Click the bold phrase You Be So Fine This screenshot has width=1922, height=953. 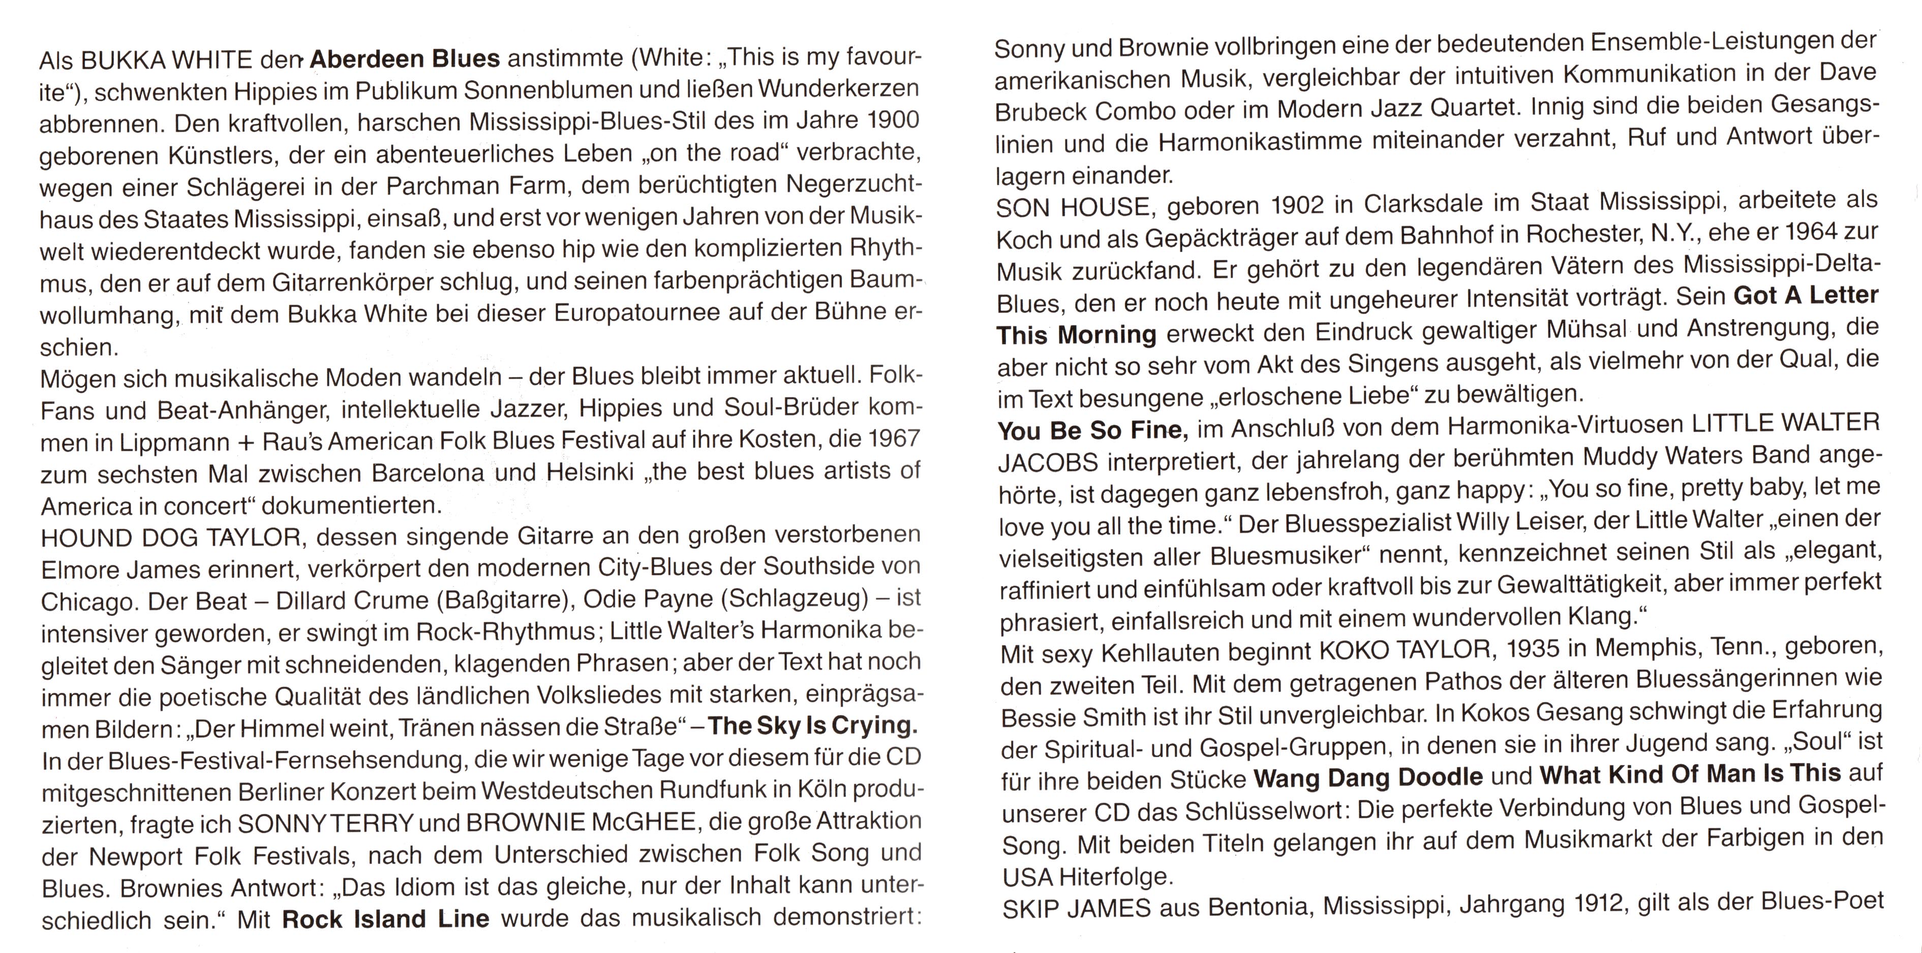click(1090, 431)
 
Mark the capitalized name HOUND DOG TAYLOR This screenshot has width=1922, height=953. click(171, 537)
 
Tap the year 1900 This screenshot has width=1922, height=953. click(894, 120)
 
